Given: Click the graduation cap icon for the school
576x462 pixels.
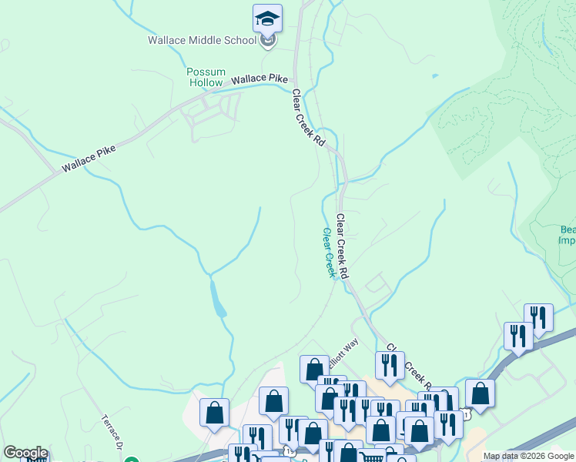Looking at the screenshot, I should tap(267, 18).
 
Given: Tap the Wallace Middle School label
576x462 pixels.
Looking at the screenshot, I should tap(203, 40).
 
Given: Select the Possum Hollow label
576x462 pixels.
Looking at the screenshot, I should tap(206, 77).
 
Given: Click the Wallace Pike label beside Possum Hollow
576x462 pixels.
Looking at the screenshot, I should tap(260, 79).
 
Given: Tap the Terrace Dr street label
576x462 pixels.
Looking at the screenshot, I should tap(112, 432).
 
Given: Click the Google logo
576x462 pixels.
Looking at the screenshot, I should tap(25, 453).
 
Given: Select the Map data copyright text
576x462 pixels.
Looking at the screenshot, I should tap(528, 456).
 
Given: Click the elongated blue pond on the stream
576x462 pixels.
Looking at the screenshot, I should tap(218, 298).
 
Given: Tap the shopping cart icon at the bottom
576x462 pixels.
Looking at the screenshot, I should tap(373, 457).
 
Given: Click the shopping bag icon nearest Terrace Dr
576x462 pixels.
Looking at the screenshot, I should tap(214, 413).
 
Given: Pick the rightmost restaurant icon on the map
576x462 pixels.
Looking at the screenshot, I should tap(538, 317).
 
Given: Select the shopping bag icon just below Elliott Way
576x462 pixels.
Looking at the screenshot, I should tap(314, 370).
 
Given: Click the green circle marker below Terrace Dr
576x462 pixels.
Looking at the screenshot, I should tap(132, 459).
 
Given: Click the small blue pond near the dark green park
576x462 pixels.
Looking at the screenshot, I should tap(436, 76).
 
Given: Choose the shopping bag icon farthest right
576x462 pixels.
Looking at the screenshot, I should tap(480, 393).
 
